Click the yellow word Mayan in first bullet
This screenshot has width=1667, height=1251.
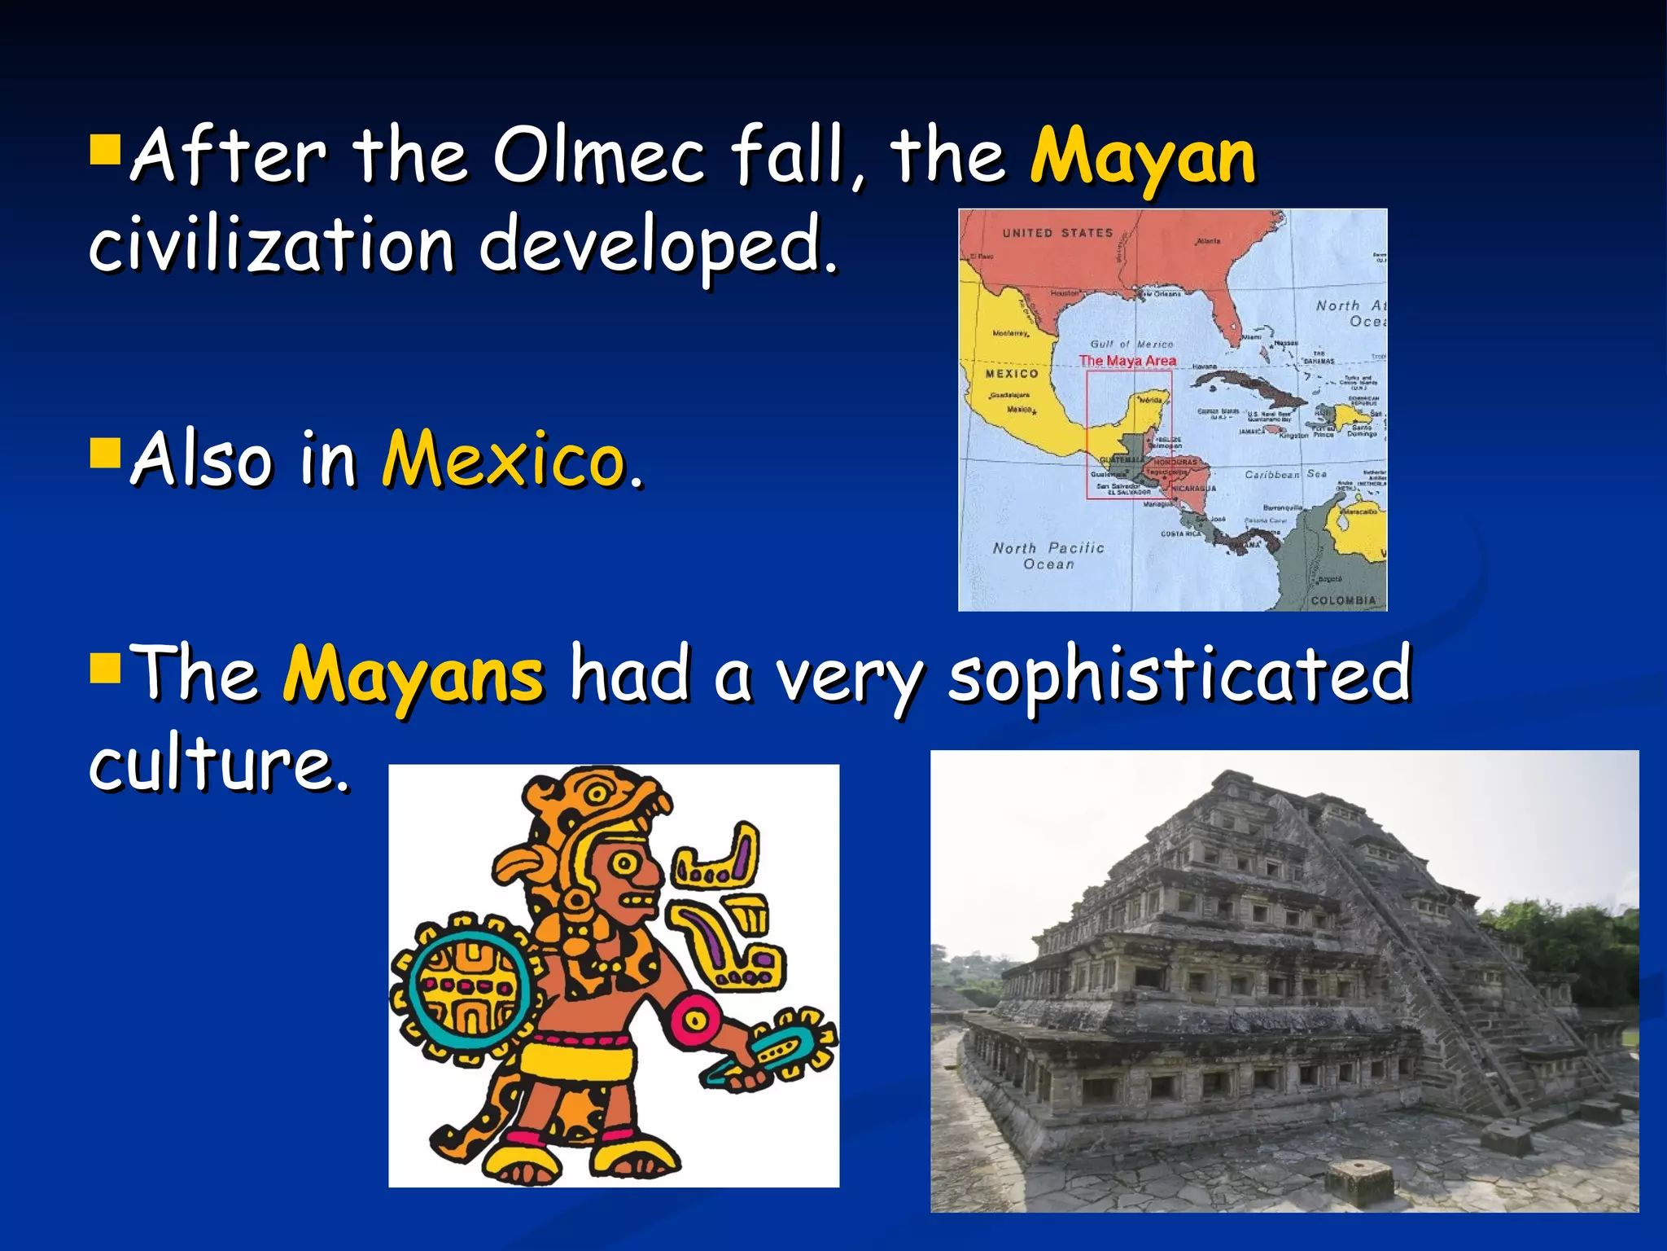pos(1143,156)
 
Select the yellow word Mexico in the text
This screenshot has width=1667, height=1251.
pos(504,459)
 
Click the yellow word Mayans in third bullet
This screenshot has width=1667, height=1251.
pos(413,674)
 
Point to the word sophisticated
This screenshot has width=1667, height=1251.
pos(1179,674)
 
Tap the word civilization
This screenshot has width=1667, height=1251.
pos(271,244)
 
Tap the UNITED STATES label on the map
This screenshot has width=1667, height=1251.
pos(1057,233)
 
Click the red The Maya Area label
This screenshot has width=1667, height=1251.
pos(1127,360)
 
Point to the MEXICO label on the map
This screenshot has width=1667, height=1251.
pos(1012,374)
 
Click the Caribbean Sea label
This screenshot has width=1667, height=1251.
pos(1285,474)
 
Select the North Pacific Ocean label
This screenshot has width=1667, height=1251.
pos(1048,555)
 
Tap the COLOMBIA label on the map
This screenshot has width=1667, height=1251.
pos(1343,600)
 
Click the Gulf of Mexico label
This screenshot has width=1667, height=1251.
pos(1131,345)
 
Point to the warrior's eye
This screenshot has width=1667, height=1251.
pos(626,863)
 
